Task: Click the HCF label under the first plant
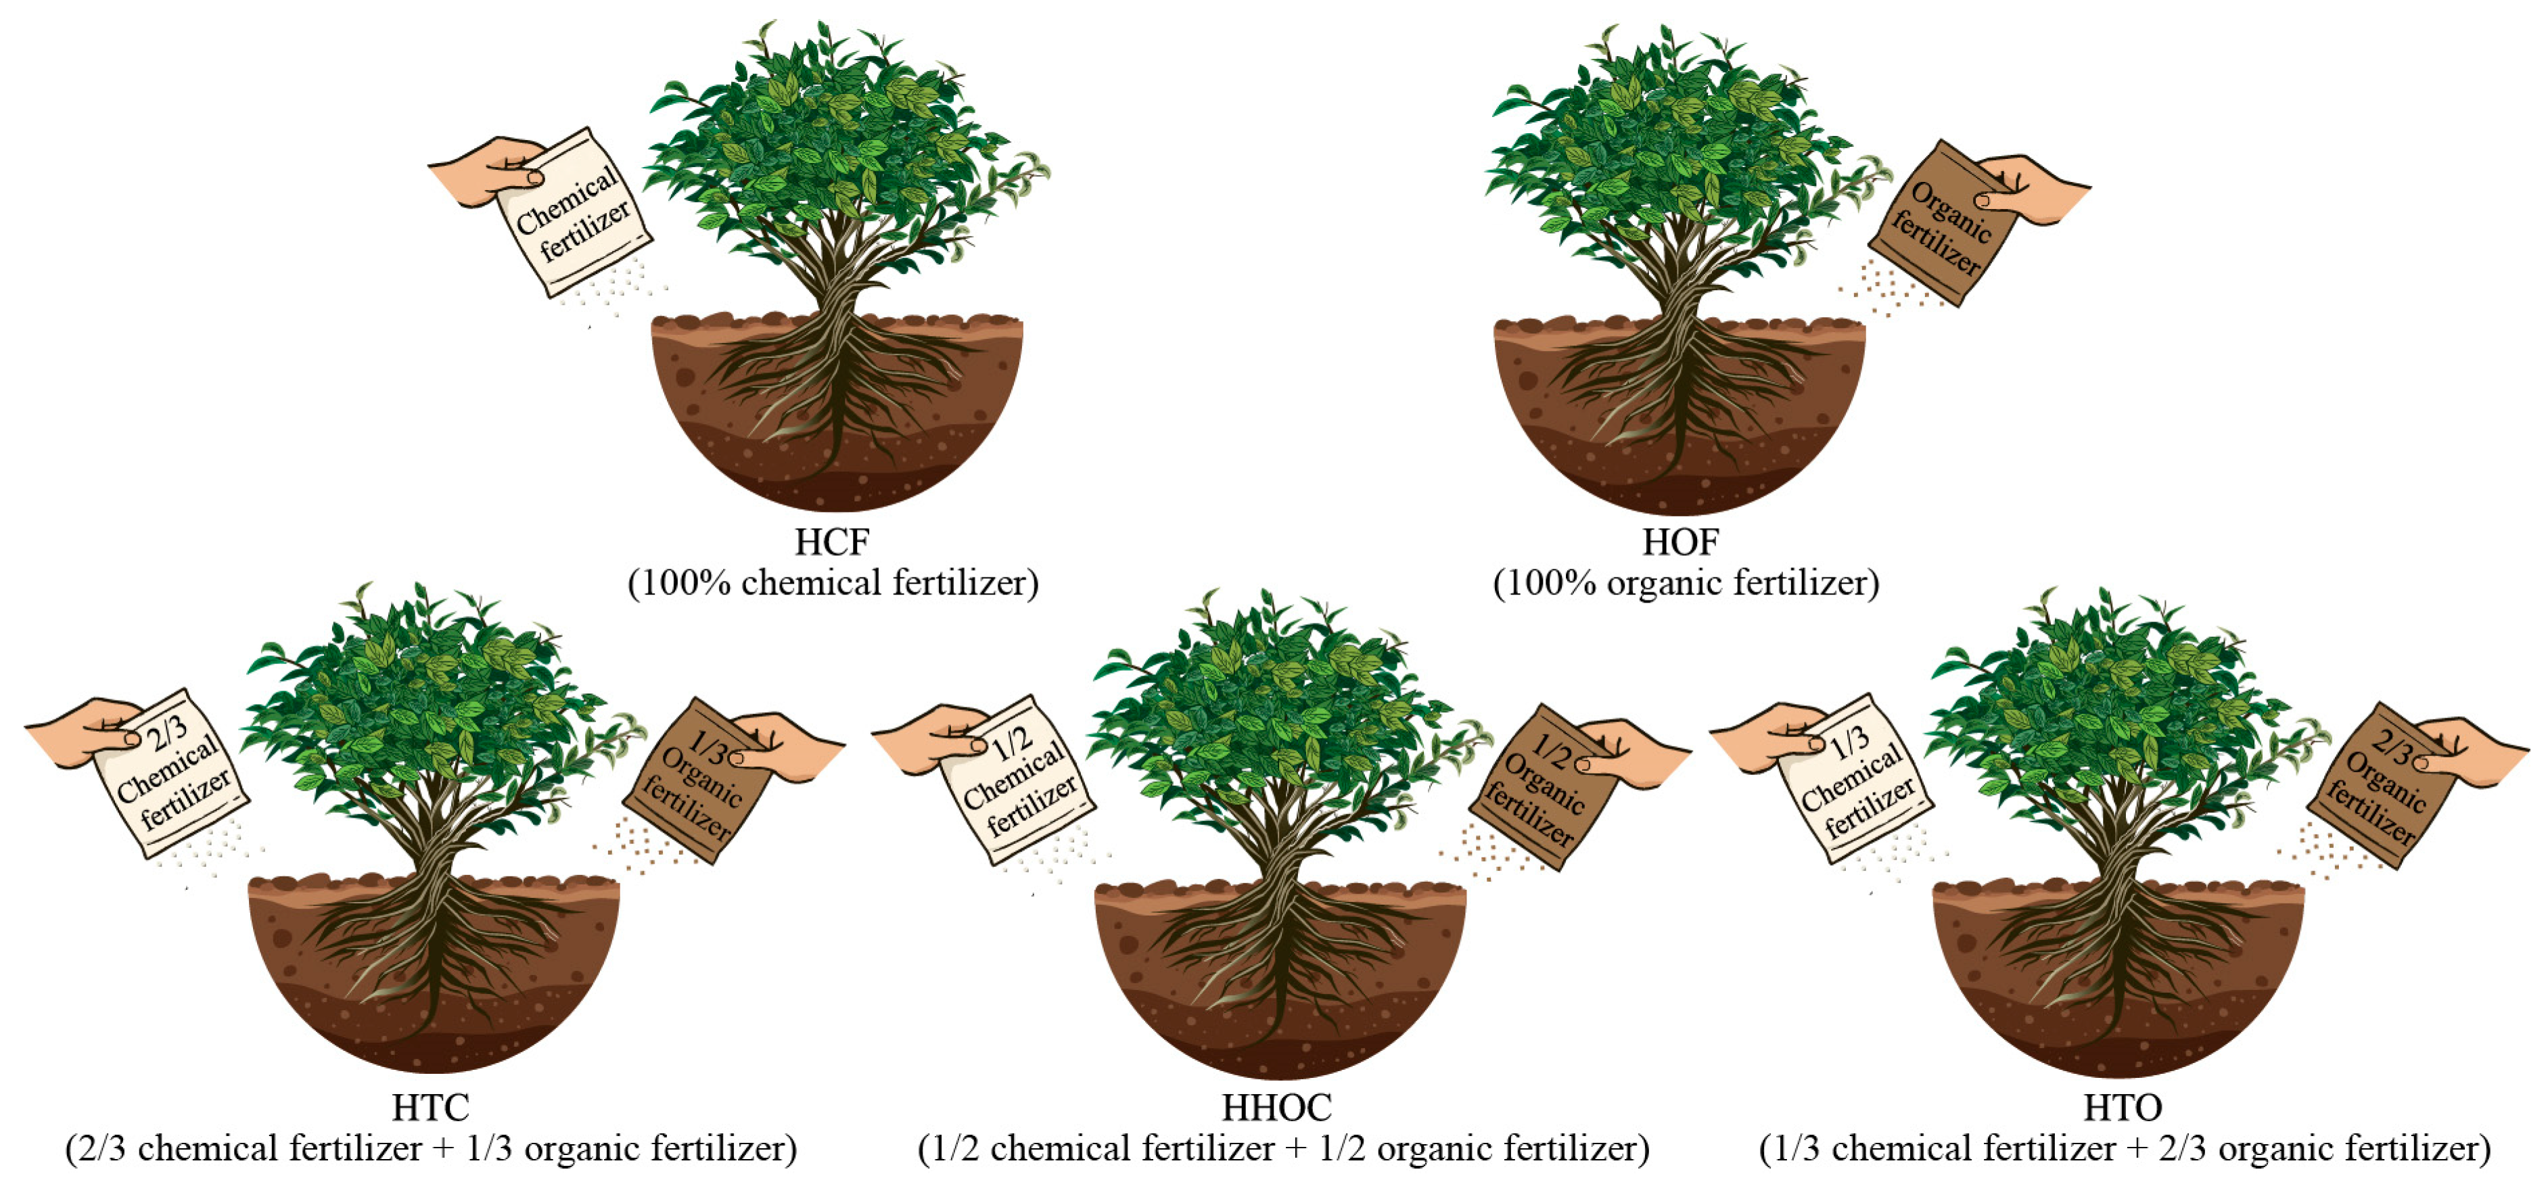pyautogui.click(x=832, y=542)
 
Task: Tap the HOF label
pyautogui.click(x=1681, y=542)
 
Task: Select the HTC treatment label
pyautogui.click(x=430, y=1107)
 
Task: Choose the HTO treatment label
pyautogui.click(x=2123, y=1107)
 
